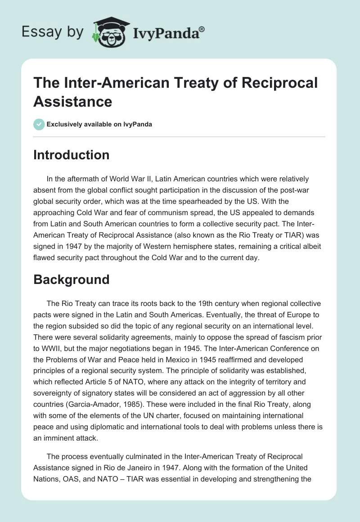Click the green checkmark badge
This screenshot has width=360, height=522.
click(x=39, y=125)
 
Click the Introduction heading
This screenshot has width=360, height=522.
click(x=71, y=155)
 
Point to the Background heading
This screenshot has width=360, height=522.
click(x=71, y=279)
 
